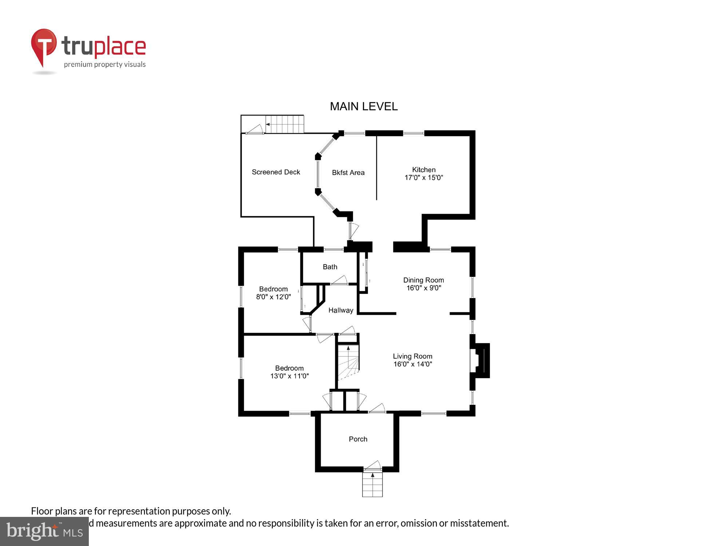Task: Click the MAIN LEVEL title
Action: pyautogui.click(x=363, y=106)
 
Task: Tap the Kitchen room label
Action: pyautogui.click(x=424, y=170)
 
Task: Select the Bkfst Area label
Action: pyautogui.click(x=348, y=173)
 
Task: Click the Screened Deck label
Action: pyautogui.click(x=276, y=172)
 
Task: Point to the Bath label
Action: pyautogui.click(x=330, y=267)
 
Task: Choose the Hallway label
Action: pyautogui.click(x=341, y=310)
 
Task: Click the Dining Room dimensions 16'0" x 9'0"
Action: pyautogui.click(x=424, y=288)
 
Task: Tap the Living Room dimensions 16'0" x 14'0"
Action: pyautogui.click(x=412, y=364)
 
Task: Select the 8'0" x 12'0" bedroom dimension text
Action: pyautogui.click(x=273, y=297)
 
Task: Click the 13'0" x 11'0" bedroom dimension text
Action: pyautogui.click(x=289, y=376)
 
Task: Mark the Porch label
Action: pyautogui.click(x=358, y=439)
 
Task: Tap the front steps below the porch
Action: pyautogui.click(x=372, y=486)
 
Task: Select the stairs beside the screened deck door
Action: pyautogui.click(x=285, y=124)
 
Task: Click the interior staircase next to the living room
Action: pyautogui.click(x=348, y=362)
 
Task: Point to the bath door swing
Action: pyautogui.click(x=339, y=280)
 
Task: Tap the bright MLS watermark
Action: pyautogui.click(x=44, y=531)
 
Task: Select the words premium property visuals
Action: pyautogui.click(x=105, y=65)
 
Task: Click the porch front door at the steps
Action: pyautogui.click(x=373, y=467)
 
